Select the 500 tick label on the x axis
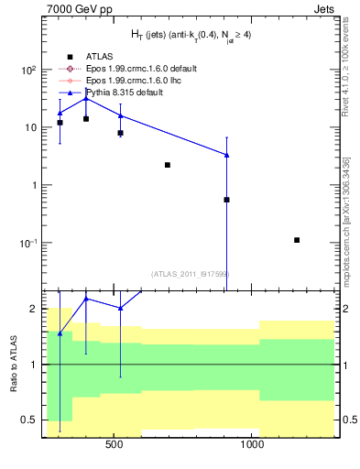point(115,446)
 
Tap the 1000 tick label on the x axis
point(253,446)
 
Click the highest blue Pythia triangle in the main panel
point(86,98)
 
